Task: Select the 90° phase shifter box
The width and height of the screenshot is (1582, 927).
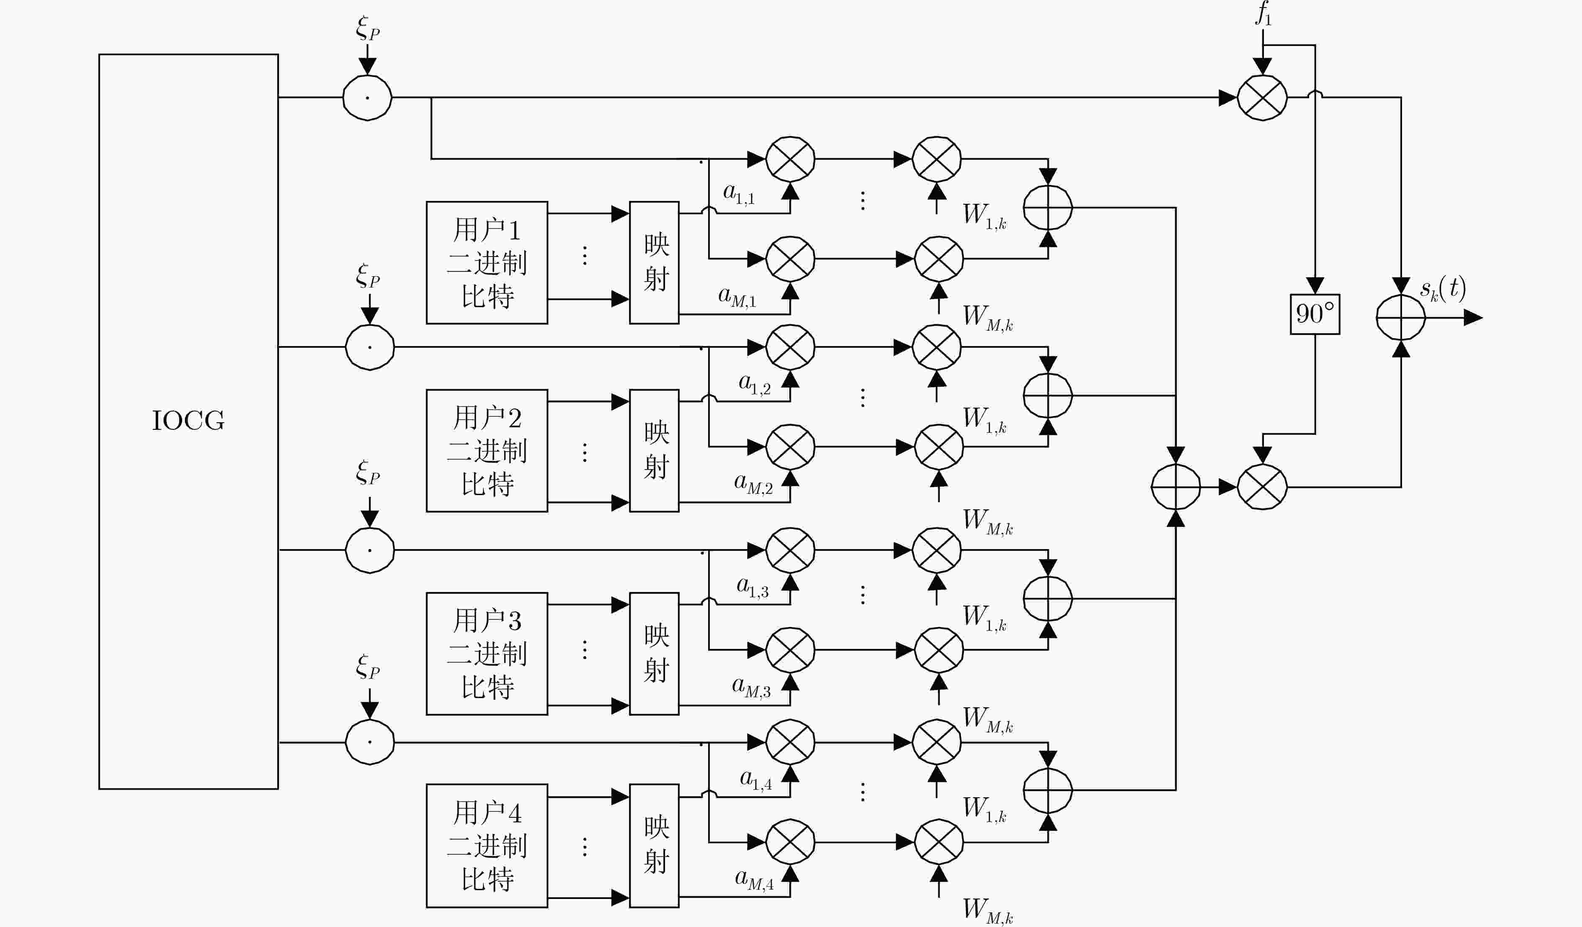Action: pyautogui.click(x=1315, y=314)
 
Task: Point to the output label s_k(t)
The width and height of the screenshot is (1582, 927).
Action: pyautogui.click(x=1443, y=289)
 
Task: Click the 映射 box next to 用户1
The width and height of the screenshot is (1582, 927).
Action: pyautogui.click(x=654, y=262)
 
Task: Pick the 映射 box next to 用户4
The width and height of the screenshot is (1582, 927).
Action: pyautogui.click(x=654, y=845)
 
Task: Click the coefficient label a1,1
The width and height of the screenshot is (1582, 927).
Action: pyautogui.click(x=739, y=193)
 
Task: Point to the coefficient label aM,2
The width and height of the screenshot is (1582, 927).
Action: pyautogui.click(x=753, y=483)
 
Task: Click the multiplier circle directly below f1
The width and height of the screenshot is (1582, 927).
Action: pyautogui.click(x=1262, y=98)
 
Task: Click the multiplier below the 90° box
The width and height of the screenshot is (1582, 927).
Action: pyautogui.click(x=1262, y=487)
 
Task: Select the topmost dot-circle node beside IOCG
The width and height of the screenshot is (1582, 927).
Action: pyautogui.click(x=367, y=98)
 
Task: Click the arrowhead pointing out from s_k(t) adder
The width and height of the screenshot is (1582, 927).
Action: pyautogui.click(x=1473, y=318)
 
